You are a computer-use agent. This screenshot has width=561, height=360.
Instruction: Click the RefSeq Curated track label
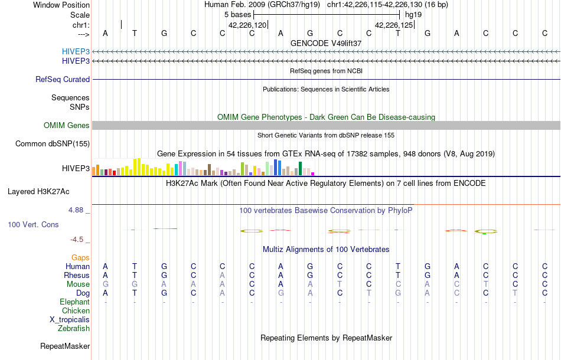63,79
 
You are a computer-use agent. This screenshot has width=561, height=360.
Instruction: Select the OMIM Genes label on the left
67,125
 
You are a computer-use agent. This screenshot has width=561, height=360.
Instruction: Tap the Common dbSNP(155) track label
53,143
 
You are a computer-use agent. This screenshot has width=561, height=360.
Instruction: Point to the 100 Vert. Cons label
34,225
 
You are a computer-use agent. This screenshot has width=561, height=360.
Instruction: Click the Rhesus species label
77,275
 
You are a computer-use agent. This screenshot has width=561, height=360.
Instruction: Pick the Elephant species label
75,302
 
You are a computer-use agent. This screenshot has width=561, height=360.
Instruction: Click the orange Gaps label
80,257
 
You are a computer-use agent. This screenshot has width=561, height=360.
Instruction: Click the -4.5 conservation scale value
77,239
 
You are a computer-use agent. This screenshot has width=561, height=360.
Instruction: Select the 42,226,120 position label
247,25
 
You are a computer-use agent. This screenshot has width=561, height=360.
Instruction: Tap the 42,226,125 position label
394,25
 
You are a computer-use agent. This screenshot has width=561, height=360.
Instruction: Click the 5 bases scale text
237,14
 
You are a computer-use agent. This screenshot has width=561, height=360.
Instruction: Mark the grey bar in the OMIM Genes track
326,125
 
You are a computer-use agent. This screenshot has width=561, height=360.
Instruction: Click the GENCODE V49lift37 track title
326,43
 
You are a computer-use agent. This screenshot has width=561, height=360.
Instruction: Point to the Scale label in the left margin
80,15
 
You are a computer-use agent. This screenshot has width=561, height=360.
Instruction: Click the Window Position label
61,5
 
